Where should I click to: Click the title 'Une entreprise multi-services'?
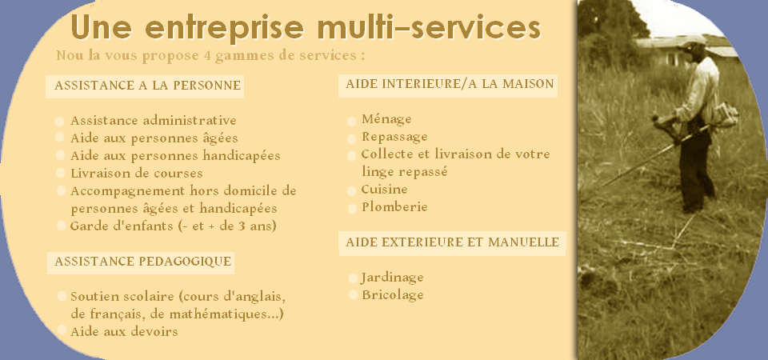tap(306, 27)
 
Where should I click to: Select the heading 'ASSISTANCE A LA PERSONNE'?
tap(147, 86)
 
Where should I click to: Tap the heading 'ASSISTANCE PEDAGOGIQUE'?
tap(142, 262)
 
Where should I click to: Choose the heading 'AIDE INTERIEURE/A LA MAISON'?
tap(450, 84)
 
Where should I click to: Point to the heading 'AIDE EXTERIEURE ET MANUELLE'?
tap(452, 242)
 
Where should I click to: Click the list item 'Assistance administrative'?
tap(154, 120)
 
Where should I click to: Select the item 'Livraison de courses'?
tap(136, 173)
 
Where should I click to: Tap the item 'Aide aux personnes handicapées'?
tap(175, 156)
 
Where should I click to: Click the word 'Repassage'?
tap(394, 137)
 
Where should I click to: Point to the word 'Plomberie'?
tap(394, 206)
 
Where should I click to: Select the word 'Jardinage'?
tap(392, 278)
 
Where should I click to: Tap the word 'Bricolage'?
tap(393, 295)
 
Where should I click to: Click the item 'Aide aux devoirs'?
tap(124, 331)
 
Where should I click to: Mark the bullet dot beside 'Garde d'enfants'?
tap(62, 226)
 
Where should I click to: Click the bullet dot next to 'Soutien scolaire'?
tap(62, 296)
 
